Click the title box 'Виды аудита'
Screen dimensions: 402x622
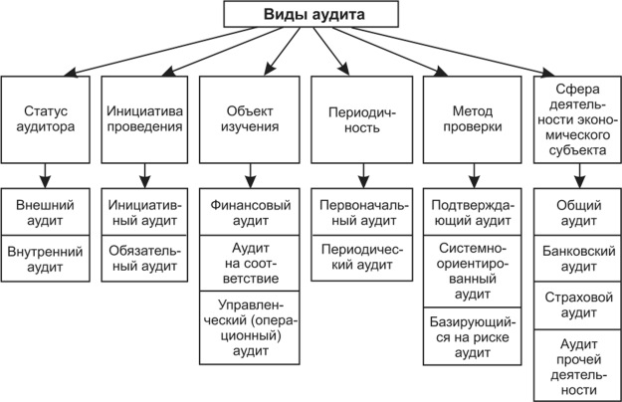click(x=312, y=15)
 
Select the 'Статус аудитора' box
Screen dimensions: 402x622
click(x=47, y=118)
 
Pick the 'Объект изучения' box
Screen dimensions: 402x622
click(x=251, y=118)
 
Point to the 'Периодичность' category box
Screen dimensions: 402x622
click(x=355, y=118)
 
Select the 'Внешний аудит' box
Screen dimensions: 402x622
click(x=47, y=204)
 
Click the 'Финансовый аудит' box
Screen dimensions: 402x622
click(x=251, y=204)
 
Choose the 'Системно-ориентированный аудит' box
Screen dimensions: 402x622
click(x=470, y=269)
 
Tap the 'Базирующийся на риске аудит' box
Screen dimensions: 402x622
click(x=470, y=333)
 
